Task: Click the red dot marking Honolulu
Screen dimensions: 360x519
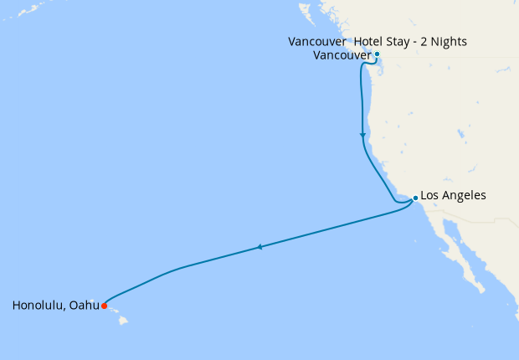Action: click(104, 306)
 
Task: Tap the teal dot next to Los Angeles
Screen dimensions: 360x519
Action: click(415, 198)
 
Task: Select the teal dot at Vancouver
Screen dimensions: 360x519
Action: click(377, 54)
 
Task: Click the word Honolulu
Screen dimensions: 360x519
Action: click(40, 306)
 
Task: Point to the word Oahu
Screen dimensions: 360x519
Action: click(85, 306)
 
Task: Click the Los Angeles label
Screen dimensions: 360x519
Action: click(452, 196)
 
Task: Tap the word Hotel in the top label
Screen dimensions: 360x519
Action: click(369, 41)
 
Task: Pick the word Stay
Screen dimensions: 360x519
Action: click(398, 41)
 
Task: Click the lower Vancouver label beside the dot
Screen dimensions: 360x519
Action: click(342, 55)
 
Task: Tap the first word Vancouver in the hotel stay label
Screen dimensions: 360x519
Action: click(317, 41)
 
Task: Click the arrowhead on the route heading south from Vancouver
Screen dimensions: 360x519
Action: click(362, 135)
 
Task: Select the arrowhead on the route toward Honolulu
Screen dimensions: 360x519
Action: click(260, 247)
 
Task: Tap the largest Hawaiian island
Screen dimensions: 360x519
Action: click(123, 320)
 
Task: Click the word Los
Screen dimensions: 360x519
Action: click(429, 196)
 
